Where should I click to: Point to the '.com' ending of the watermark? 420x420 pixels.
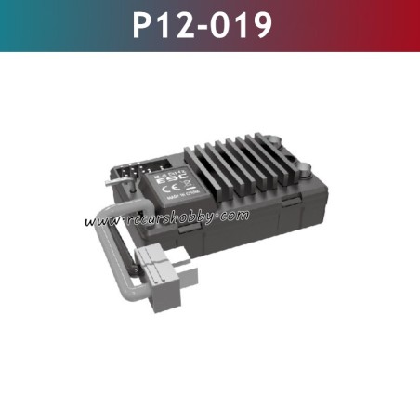pos(234,216)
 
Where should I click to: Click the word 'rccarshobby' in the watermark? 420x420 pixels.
pos(167,220)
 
